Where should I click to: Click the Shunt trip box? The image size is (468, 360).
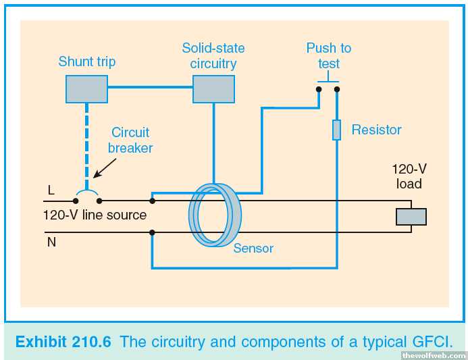pyautogui.click(x=87, y=88)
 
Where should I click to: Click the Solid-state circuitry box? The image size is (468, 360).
pyautogui.click(x=213, y=89)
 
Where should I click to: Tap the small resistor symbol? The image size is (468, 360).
pyautogui.click(x=336, y=130)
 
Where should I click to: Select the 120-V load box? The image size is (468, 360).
pyautogui.click(x=411, y=216)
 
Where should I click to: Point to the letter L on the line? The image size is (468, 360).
pyautogui.click(x=51, y=190)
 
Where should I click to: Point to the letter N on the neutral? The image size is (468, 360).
pyautogui.click(x=51, y=241)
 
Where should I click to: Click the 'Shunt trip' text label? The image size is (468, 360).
pyautogui.click(x=87, y=61)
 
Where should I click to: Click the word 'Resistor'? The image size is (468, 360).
pyautogui.click(x=376, y=130)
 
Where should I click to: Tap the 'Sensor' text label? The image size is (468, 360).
pyautogui.click(x=253, y=248)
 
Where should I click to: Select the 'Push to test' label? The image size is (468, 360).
pyautogui.click(x=329, y=56)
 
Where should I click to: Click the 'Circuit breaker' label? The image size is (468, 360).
pyautogui.click(x=130, y=140)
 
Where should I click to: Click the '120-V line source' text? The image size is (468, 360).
pyautogui.click(x=95, y=215)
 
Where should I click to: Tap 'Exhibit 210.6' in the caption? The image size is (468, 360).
pyautogui.click(x=63, y=342)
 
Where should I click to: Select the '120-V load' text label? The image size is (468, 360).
pyautogui.click(x=407, y=177)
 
